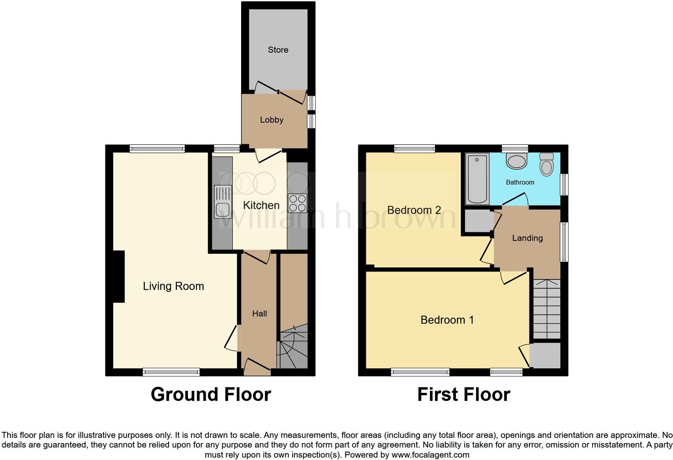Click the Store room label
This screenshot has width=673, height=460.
(x=278, y=50)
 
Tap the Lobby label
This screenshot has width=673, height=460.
(x=272, y=120)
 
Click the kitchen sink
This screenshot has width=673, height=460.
(x=223, y=202)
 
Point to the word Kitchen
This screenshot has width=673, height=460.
(x=261, y=205)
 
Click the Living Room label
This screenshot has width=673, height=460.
(x=173, y=286)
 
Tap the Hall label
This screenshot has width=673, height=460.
(x=260, y=314)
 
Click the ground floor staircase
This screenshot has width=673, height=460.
(x=293, y=348)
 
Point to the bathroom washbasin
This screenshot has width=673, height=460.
(x=516, y=161)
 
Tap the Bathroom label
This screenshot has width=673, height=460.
(x=520, y=183)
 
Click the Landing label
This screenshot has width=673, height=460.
(x=527, y=238)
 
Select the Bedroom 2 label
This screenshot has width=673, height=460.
(x=414, y=210)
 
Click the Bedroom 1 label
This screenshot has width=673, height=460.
(x=447, y=320)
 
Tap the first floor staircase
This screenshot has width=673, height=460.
(x=547, y=309)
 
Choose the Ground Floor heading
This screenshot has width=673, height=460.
(x=211, y=394)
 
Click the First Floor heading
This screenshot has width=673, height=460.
(x=464, y=394)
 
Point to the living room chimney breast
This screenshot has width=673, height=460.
(x=119, y=277)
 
